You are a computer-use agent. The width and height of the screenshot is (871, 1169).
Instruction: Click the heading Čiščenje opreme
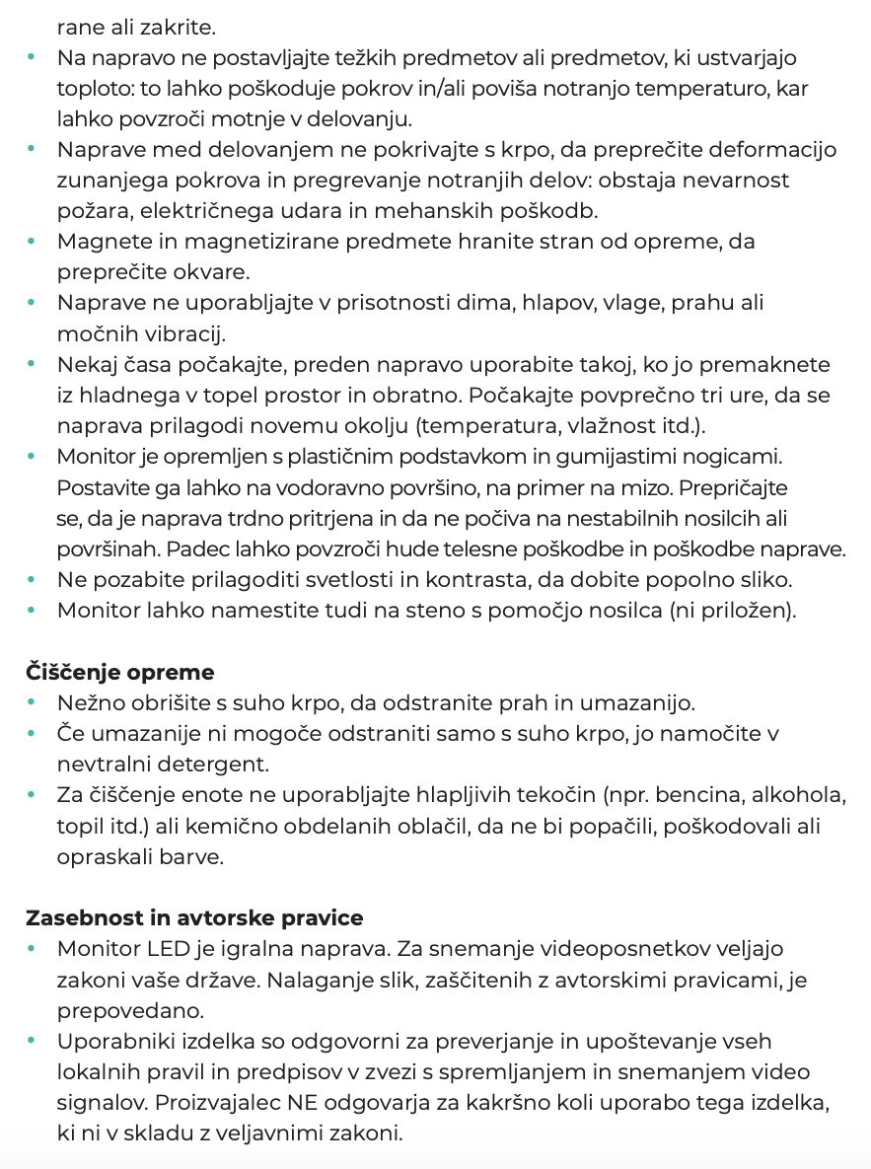(x=119, y=673)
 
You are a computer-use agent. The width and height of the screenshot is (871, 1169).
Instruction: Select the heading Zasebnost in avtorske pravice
(x=194, y=918)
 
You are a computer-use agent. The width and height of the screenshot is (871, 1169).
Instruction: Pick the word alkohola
(x=800, y=796)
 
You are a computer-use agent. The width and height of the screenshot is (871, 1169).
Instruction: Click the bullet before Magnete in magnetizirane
(x=33, y=241)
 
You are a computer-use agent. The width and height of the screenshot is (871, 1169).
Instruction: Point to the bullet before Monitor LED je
(x=33, y=949)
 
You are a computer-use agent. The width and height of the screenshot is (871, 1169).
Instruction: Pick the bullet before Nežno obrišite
(x=33, y=703)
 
